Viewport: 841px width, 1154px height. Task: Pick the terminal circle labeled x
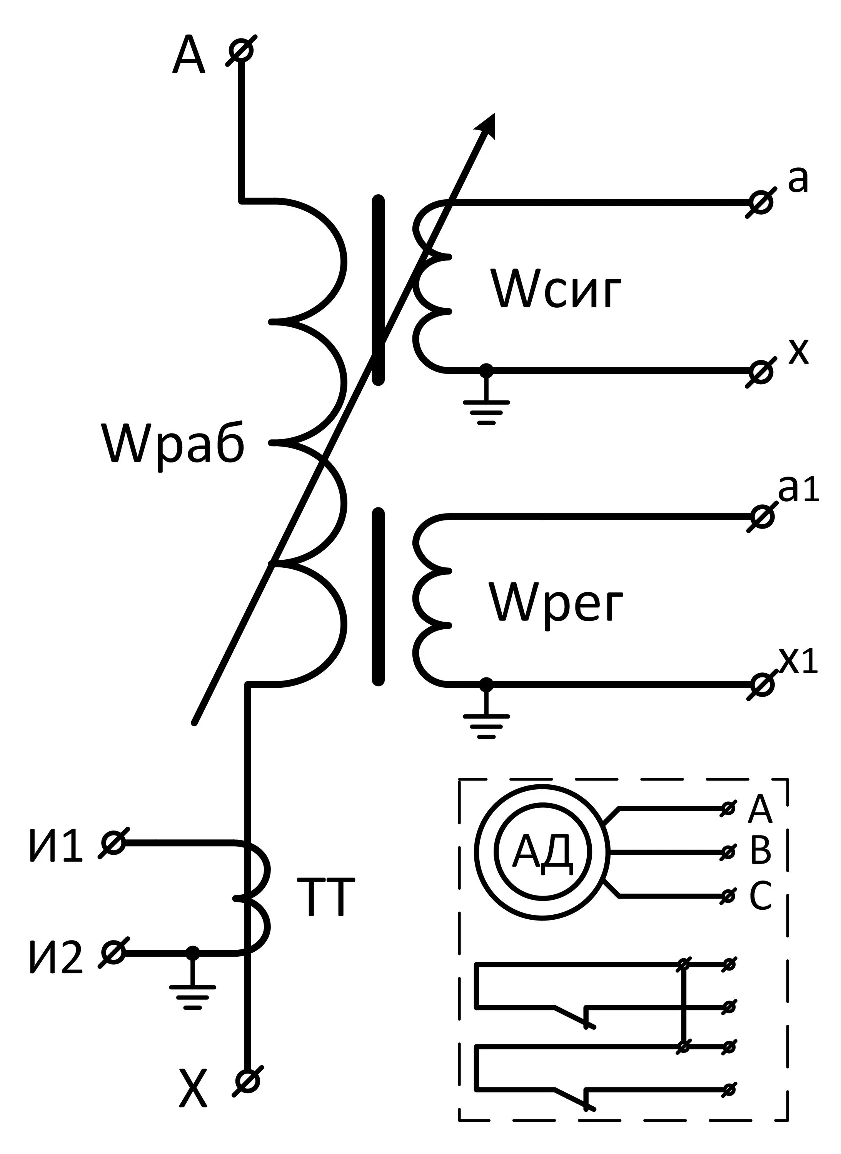click(x=761, y=372)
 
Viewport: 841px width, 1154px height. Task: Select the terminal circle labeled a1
click(x=762, y=517)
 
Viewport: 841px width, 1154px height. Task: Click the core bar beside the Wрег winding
click(x=378, y=597)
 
